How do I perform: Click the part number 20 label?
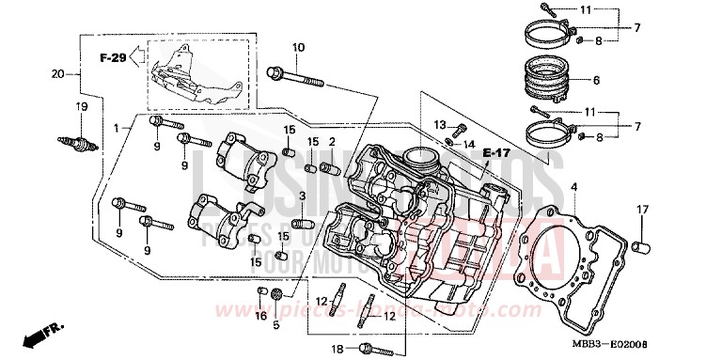coord(57,74)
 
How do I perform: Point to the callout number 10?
coord(298,48)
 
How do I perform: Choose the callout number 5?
coord(276,324)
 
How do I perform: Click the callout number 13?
coord(440,125)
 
